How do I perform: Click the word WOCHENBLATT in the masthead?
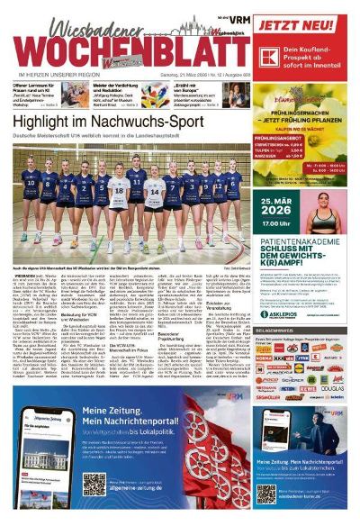(x=126, y=44)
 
